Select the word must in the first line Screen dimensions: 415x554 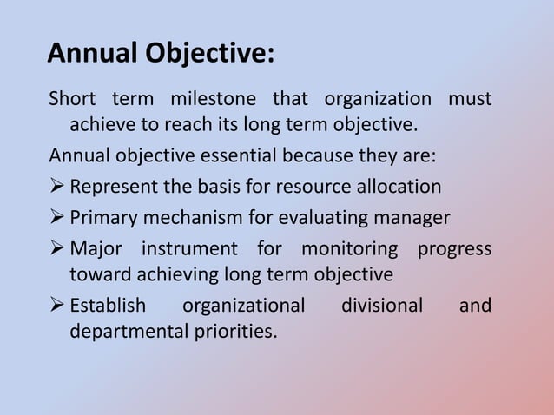(x=470, y=99)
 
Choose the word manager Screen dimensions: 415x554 (x=411, y=217)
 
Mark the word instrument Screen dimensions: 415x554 (x=189, y=248)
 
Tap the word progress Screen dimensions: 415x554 (x=455, y=248)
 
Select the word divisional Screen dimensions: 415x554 (x=381, y=306)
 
